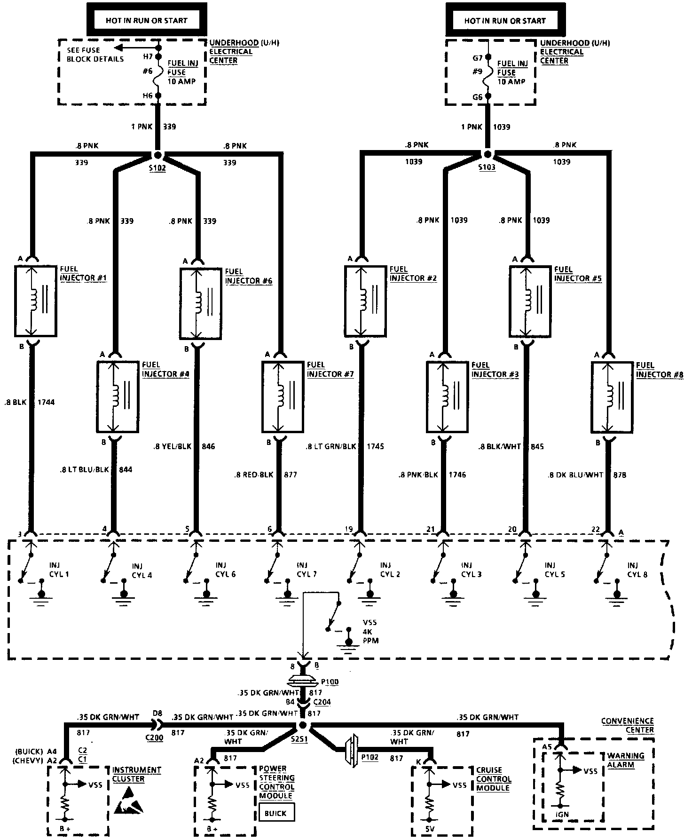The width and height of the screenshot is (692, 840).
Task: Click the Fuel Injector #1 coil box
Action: tap(36, 301)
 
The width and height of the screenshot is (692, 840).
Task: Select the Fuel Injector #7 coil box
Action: tap(283, 396)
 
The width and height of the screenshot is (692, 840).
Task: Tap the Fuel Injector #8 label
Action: tap(659, 370)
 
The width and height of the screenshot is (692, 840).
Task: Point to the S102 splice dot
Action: tap(157, 155)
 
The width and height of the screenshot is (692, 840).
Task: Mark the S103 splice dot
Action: tap(488, 154)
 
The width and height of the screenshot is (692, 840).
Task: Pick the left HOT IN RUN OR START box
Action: tap(147, 21)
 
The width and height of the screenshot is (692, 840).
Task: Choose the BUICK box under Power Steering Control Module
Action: tap(276, 813)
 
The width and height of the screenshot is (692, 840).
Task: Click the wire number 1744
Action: tap(45, 402)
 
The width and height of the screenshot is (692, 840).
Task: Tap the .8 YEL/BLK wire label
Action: tap(173, 446)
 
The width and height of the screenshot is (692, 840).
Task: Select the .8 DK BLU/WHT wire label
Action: tap(575, 475)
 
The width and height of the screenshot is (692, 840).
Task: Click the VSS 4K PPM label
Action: tap(370, 632)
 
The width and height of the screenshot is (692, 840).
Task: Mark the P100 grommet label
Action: tap(329, 682)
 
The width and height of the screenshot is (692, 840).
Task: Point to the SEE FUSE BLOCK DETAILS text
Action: tap(95, 55)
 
